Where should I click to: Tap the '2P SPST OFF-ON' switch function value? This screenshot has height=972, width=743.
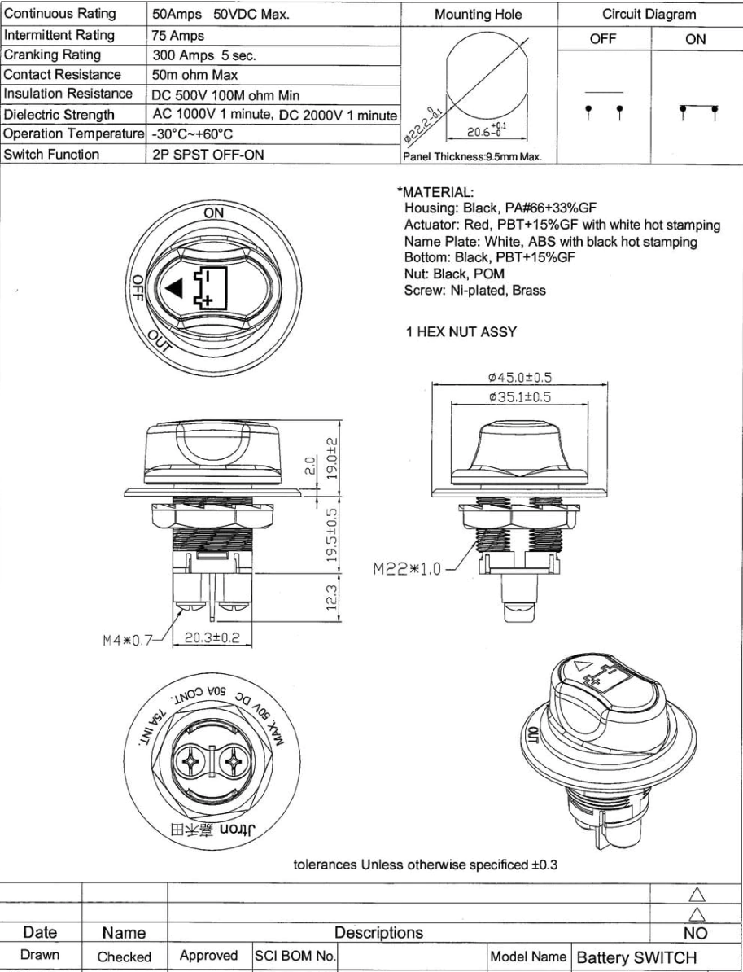(x=208, y=155)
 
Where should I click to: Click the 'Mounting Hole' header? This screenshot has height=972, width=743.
(x=479, y=15)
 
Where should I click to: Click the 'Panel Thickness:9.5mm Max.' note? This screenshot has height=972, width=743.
(x=472, y=157)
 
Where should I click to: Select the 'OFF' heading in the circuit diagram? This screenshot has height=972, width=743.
(x=603, y=39)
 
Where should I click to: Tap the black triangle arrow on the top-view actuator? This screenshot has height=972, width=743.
(x=173, y=288)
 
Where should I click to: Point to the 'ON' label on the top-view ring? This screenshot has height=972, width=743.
(x=214, y=212)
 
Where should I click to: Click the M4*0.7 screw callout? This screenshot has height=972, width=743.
(x=128, y=640)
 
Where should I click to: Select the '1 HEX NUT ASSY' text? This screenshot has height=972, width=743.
(x=461, y=331)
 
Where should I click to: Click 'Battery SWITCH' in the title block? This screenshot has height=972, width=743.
(x=636, y=957)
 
